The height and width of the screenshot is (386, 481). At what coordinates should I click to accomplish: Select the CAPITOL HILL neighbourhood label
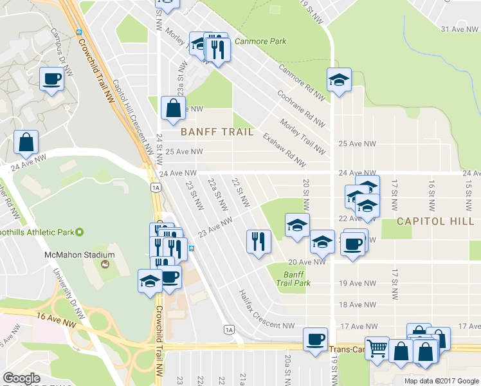coord(435,221)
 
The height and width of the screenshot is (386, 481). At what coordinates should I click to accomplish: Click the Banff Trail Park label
coord(297,279)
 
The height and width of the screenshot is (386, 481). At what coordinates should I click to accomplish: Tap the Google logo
coord(21,379)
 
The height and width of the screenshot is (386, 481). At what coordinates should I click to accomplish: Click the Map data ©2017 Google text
coord(441,380)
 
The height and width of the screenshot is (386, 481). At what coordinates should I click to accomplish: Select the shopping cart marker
coord(377,349)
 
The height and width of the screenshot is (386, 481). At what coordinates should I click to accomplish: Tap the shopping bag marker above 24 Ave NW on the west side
coord(26,143)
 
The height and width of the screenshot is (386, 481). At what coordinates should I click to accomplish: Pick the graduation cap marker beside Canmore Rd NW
coord(339,80)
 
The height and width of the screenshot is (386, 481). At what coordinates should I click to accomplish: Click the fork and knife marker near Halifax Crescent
coord(259,242)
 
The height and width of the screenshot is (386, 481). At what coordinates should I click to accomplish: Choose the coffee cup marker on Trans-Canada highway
coord(315,340)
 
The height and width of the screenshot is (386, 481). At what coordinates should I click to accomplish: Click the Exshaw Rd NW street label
coord(283,148)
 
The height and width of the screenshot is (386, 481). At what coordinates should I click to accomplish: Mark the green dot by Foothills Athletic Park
coord(79,232)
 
